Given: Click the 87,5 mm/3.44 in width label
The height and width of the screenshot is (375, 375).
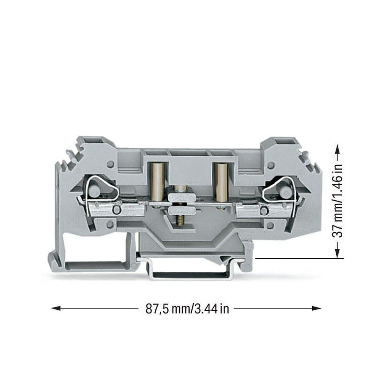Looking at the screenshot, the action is point(187,309).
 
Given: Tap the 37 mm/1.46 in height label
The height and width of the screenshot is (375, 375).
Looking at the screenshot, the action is point(337,201).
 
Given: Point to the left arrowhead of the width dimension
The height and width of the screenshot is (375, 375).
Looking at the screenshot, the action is point(56,308).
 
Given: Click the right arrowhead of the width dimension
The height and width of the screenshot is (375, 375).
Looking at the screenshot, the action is point(316,308).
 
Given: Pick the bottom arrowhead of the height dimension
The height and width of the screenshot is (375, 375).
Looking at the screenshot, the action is point(337,253).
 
